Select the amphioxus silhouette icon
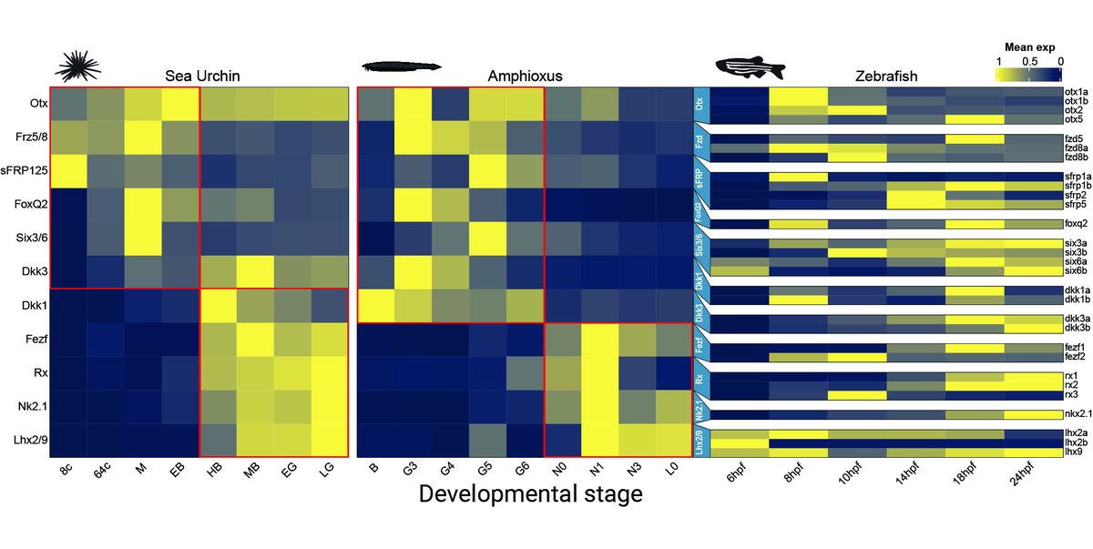(402, 66)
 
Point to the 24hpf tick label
(1032, 475)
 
